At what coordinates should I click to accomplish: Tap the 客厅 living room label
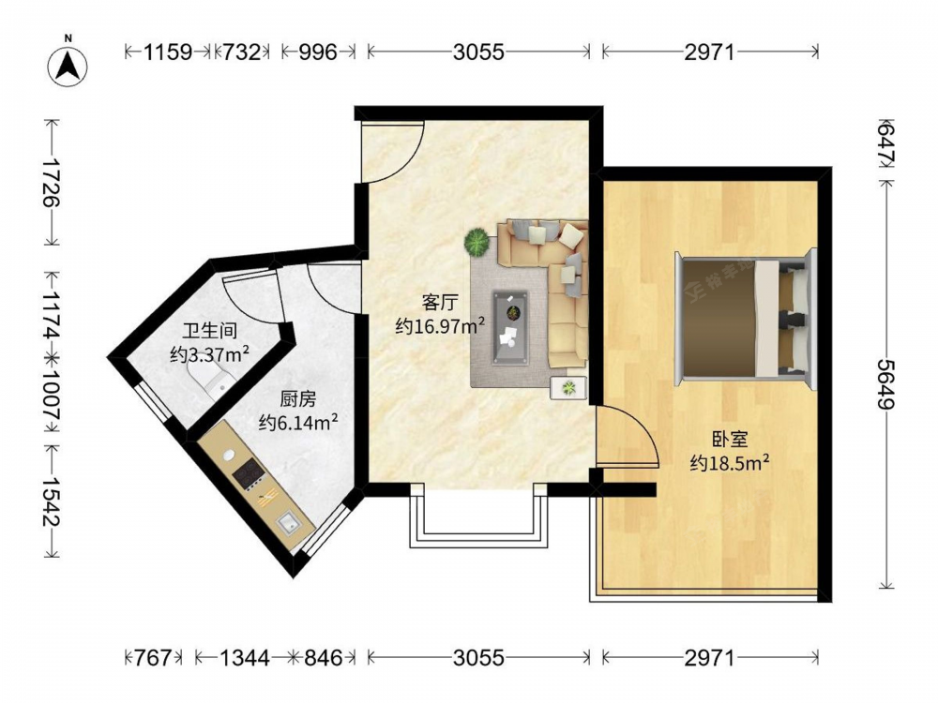click(x=440, y=303)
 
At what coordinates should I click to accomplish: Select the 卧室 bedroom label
click(x=730, y=440)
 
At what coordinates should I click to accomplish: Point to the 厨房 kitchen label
click(x=298, y=398)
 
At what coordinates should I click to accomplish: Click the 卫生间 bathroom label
click(x=209, y=331)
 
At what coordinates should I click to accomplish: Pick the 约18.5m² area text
click(x=729, y=462)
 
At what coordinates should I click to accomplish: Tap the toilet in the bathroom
click(x=209, y=381)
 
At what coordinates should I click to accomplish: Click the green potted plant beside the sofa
click(x=477, y=242)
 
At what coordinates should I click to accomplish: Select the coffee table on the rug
click(x=510, y=327)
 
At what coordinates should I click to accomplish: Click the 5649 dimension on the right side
click(x=886, y=383)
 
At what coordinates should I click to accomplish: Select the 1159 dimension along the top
click(x=168, y=52)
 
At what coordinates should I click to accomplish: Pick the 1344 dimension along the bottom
click(x=245, y=658)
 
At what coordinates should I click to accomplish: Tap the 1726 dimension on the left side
click(x=52, y=182)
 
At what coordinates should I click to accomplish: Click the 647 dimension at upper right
click(x=886, y=143)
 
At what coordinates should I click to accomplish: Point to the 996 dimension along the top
click(x=318, y=52)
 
